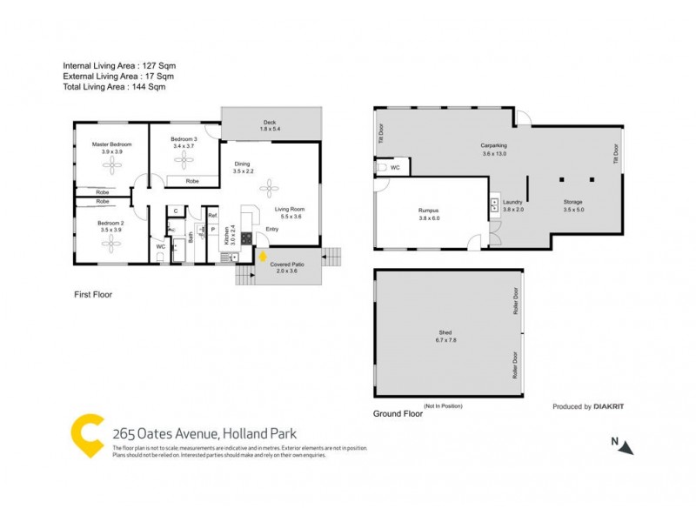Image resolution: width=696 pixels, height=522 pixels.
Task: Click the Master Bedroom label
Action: click(x=112, y=144)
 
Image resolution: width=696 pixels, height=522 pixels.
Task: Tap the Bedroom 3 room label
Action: click(x=184, y=139)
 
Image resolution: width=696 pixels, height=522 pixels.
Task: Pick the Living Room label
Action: click(x=290, y=210)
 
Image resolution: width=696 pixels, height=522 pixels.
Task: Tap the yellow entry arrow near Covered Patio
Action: click(x=263, y=258)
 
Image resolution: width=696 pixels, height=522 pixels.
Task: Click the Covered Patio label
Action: click(x=286, y=263)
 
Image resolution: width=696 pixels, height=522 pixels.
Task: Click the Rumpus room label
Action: click(x=427, y=210)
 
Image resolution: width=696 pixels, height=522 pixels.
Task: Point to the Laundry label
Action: click(x=512, y=202)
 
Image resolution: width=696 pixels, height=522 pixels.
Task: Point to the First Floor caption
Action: click(x=92, y=295)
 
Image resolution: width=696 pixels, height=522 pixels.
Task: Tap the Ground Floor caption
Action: click(x=398, y=413)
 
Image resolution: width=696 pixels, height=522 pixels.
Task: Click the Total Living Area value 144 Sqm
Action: click(x=144, y=86)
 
